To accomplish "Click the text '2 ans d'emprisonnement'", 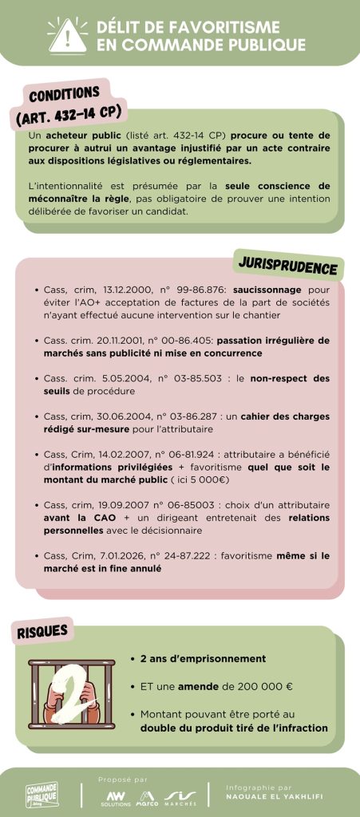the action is click(203, 659).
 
